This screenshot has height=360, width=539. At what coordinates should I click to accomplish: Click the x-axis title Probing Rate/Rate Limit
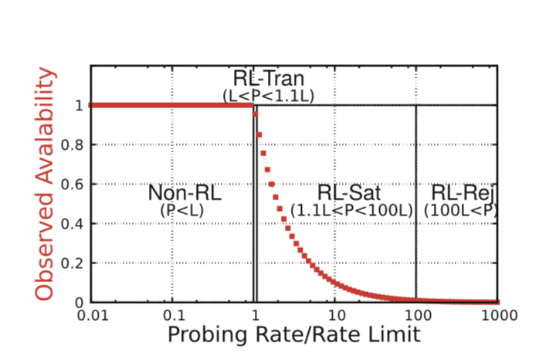294,335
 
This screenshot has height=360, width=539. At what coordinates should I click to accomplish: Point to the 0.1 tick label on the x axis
175,315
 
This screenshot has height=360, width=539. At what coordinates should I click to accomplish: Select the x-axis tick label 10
336,315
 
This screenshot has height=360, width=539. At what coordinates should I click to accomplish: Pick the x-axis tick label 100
416,315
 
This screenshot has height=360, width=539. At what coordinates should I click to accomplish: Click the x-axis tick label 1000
496,315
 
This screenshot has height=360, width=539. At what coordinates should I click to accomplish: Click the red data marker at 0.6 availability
272,184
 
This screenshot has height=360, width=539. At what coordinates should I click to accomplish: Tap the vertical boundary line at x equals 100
416,232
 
